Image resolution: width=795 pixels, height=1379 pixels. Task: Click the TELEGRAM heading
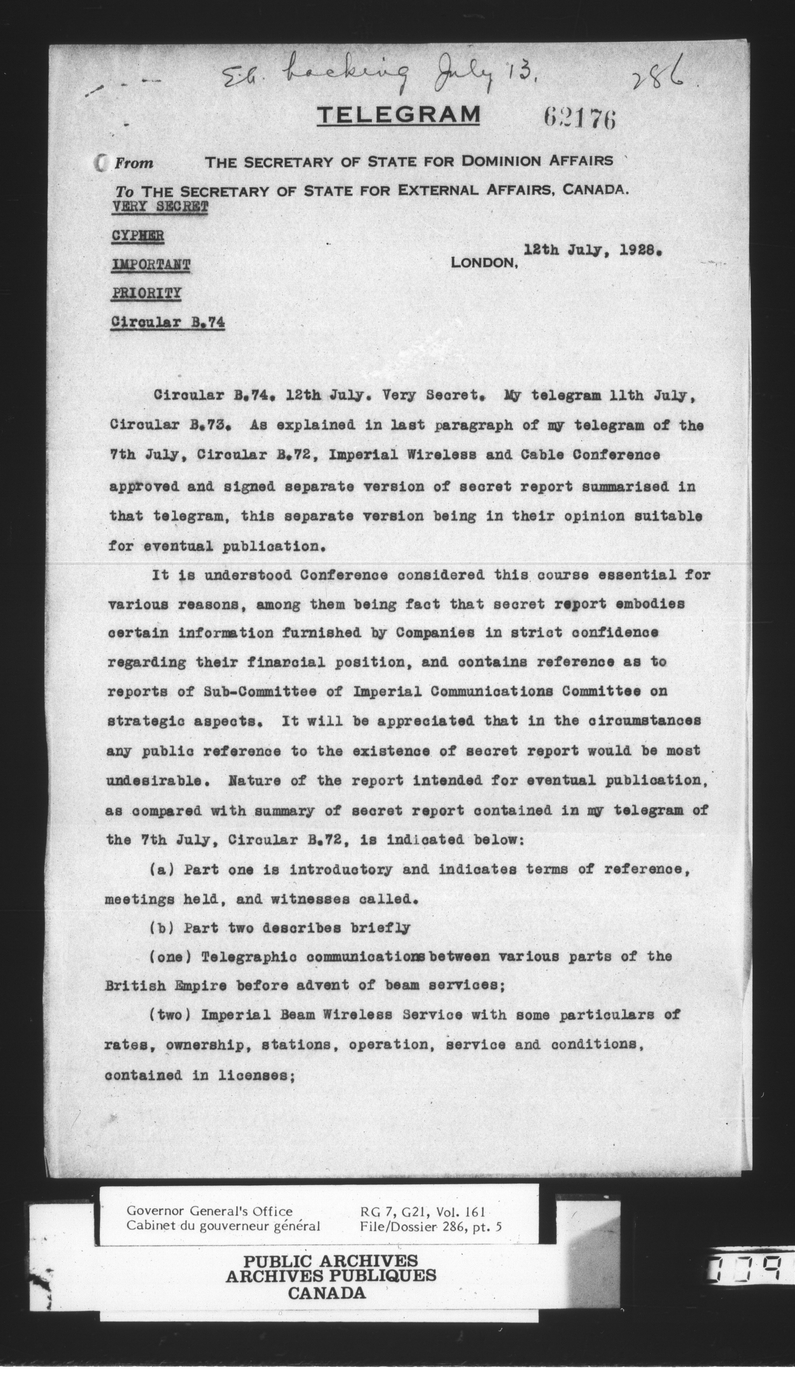click(398, 115)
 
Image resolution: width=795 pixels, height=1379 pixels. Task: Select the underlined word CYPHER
click(138, 236)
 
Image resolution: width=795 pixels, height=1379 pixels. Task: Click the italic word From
click(134, 163)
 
